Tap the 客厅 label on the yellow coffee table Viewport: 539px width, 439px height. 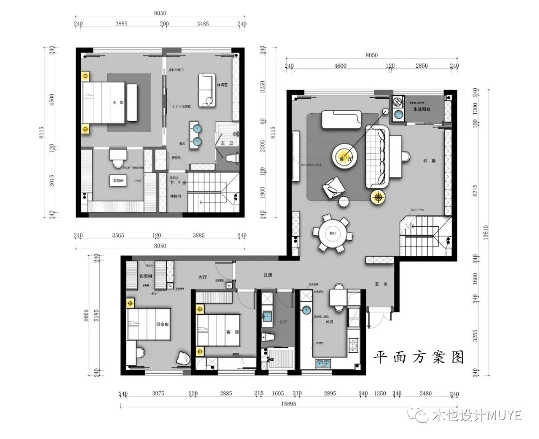click(344, 158)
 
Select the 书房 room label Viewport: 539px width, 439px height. click(414, 161)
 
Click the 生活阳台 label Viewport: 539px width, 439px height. click(422, 109)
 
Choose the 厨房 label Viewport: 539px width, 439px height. click(329, 322)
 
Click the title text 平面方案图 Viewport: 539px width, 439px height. click(419, 357)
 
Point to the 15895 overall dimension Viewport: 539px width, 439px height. click(289, 404)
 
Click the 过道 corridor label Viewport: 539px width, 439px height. click(268, 275)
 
